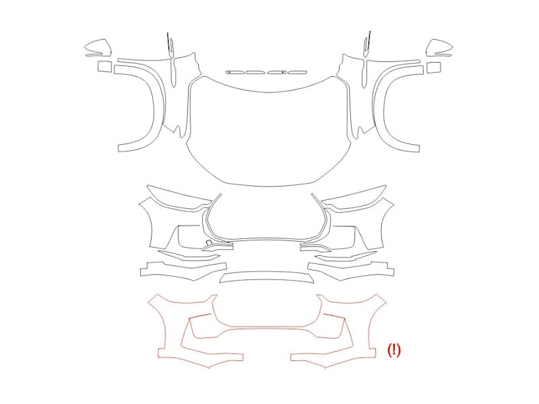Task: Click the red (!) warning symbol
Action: (394, 350)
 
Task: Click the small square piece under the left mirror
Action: (105, 66)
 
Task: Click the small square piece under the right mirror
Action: (434, 67)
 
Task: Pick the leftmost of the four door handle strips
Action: (235, 73)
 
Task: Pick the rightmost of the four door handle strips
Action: (298, 73)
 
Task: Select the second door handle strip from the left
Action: (256, 73)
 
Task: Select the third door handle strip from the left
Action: (277, 73)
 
